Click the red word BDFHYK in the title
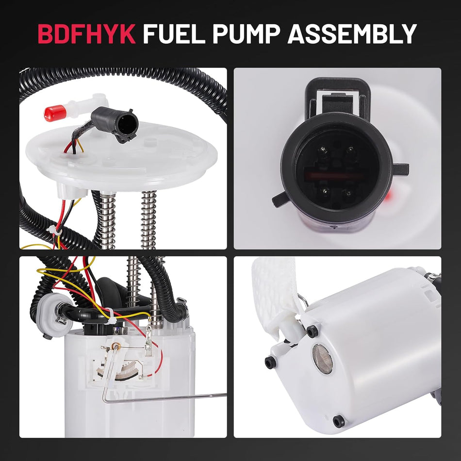click(x=87, y=34)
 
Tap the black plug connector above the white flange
click(x=121, y=124)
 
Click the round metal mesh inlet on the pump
click(x=322, y=359)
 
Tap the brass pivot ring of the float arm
click(x=115, y=346)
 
